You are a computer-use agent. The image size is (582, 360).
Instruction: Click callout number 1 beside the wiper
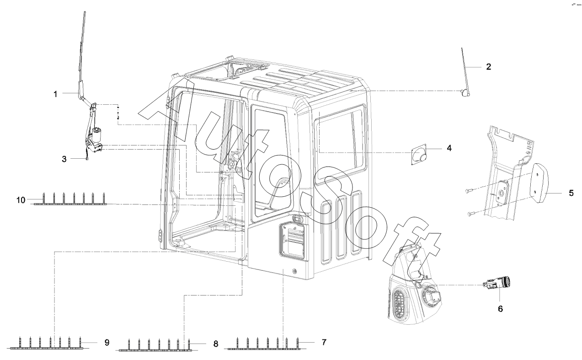tap(55, 94)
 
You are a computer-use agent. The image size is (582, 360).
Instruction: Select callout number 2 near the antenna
tap(488, 67)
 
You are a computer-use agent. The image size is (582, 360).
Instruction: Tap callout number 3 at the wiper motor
tap(64, 159)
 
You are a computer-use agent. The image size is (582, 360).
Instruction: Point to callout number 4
tap(449, 148)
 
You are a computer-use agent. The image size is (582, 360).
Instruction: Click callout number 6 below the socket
tap(500, 309)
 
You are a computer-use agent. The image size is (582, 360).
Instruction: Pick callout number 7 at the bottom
tap(324, 342)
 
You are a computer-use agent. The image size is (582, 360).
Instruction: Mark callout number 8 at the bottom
tap(215, 343)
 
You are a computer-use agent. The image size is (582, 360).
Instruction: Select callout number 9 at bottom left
tap(107, 342)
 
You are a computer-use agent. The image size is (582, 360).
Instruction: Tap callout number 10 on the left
tap(21, 199)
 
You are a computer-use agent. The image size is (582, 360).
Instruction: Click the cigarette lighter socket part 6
tap(499, 286)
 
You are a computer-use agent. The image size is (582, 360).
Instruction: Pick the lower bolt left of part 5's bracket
tap(471, 214)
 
